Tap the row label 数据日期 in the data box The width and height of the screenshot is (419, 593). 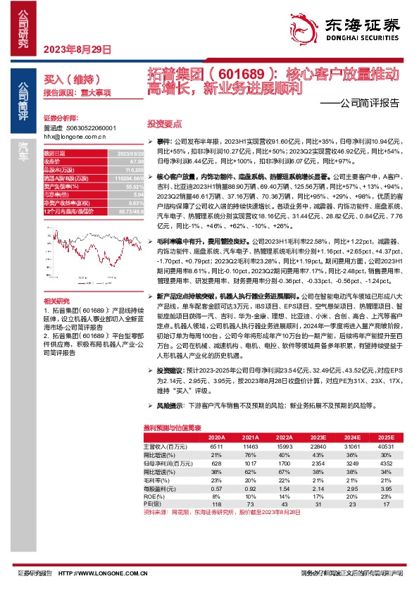click(55, 153)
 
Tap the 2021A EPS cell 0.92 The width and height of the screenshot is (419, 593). click(249, 487)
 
